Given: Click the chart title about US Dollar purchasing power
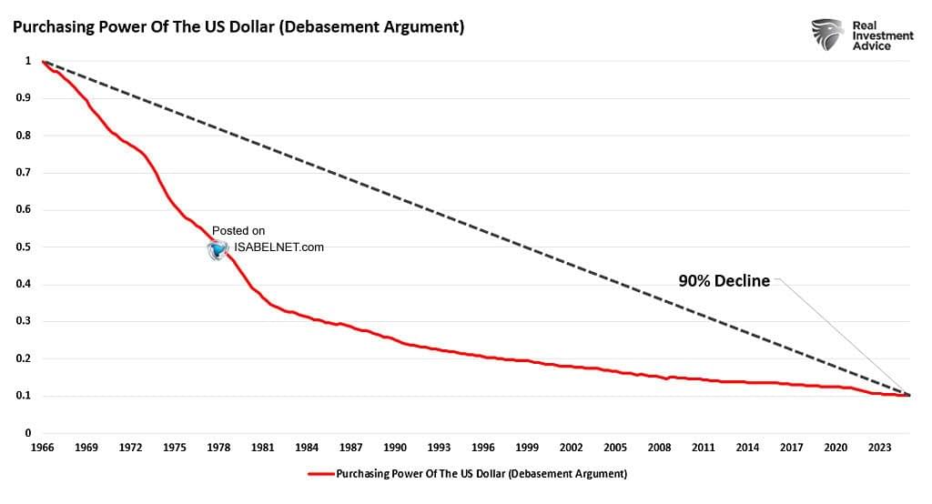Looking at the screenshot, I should click(238, 27).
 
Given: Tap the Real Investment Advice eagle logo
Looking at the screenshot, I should click(828, 34).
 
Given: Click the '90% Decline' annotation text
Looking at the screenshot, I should click(724, 281).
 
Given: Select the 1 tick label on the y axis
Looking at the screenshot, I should click(29, 61).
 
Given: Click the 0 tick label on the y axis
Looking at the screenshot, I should click(29, 433).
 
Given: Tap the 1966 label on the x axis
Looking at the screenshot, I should click(42, 448).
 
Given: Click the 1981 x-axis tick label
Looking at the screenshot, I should click(264, 448).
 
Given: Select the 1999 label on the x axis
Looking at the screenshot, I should click(527, 448).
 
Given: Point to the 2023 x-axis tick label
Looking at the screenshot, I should click(880, 448).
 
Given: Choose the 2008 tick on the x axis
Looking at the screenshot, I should click(659, 448).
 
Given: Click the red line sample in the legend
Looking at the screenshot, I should click(320, 474).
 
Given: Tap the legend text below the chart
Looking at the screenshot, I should click(481, 474).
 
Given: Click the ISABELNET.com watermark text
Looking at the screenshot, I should click(279, 247).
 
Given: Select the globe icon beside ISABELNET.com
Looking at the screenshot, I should click(218, 250).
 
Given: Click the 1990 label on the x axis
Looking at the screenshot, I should click(395, 448).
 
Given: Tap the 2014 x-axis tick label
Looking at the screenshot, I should click(747, 448).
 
